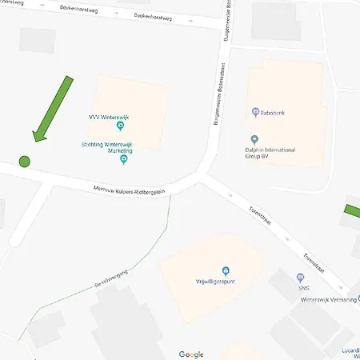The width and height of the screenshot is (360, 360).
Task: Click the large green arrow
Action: click(x=51, y=110)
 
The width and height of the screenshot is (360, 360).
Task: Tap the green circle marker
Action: click(x=24, y=161)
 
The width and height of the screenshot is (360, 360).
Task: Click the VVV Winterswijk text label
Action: click(x=109, y=118)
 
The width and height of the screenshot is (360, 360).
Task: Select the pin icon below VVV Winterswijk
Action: click(x=120, y=126)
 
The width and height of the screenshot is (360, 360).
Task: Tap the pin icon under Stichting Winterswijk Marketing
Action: click(x=123, y=160)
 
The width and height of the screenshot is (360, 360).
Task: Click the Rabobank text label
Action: click(x=273, y=113)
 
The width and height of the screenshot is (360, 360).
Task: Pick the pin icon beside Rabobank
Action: click(x=255, y=113)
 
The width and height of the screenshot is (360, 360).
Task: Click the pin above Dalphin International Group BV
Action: click(x=254, y=140)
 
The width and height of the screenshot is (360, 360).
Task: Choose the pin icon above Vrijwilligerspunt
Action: click(x=226, y=271)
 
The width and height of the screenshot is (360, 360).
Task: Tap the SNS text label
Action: click(x=301, y=288)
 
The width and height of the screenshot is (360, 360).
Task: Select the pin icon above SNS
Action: click(x=301, y=278)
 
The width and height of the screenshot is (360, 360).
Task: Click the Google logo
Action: click(x=191, y=354)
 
